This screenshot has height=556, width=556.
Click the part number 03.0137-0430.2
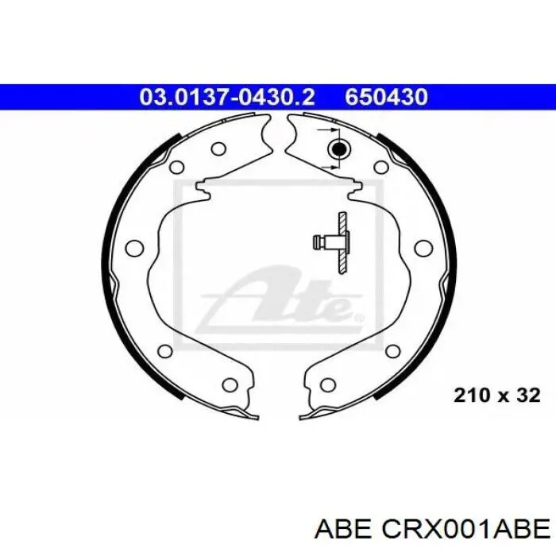click(227, 97)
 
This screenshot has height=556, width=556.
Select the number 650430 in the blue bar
click(387, 97)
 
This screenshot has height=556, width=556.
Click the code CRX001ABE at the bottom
click(465, 531)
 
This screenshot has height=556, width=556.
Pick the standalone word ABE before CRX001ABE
click(343, 531)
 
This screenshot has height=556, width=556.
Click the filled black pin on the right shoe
click(339, 149)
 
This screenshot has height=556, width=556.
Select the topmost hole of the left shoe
click(218, 149)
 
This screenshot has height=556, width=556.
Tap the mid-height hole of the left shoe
click(135, 247)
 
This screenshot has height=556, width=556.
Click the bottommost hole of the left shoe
click(230, 384)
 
